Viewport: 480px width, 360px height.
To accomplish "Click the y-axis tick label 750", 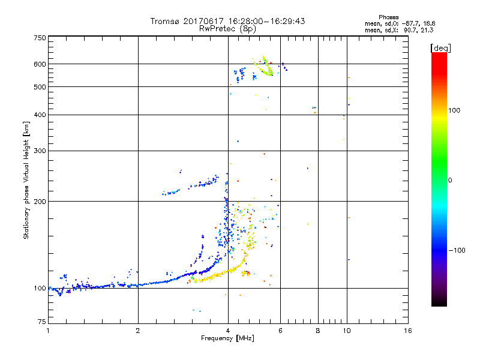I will [x=40, y=38].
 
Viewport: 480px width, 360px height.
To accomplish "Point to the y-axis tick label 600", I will [x=40, y=64].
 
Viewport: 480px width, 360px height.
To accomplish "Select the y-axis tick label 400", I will [x=40, y=115].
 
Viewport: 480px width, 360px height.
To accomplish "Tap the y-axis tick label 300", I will [x=40, y=151].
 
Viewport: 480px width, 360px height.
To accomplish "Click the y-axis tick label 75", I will [x=41, y=323].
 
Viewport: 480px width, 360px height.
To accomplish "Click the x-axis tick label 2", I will [x=138, y=331].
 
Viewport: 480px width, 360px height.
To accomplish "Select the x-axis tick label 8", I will [x=318, y=331].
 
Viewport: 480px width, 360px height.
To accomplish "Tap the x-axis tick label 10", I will [x=346, y=331].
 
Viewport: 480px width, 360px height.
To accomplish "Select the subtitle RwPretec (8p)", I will [x=228, y=28].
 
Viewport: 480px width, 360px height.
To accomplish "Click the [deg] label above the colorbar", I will [x=440, y=47].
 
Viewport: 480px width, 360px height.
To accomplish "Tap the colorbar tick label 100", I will [x=454, y=110].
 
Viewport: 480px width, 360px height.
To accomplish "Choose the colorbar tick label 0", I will [x=450, y=180].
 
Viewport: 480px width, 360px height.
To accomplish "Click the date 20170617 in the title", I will [x=201, y=21].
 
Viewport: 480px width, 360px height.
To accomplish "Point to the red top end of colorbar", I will [x=439, y=55].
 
